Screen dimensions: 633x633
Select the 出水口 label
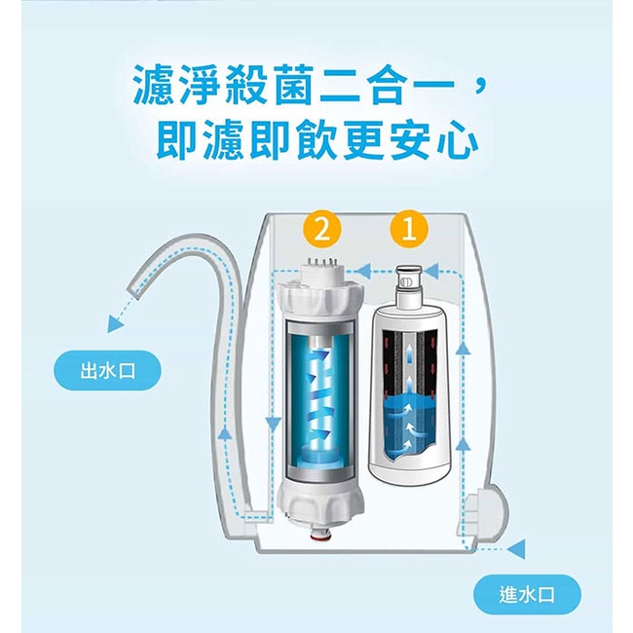107,371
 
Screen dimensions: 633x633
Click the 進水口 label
527,594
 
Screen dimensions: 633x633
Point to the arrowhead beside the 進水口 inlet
516,549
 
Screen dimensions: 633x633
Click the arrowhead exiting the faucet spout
116,323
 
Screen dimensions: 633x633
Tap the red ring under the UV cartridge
318,538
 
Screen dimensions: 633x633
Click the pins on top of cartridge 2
321,263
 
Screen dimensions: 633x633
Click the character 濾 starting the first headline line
155,86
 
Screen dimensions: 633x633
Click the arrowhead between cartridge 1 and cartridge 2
366,270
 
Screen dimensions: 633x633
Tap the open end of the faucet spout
134,289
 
